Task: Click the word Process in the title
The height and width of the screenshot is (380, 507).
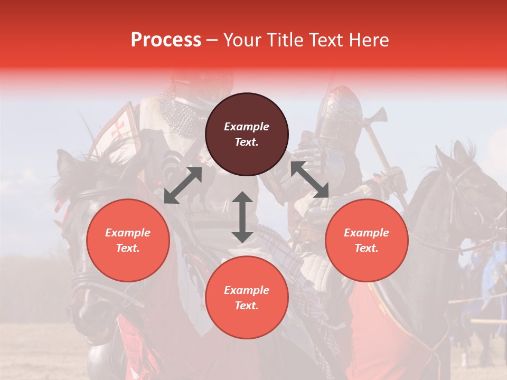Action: click(x=166, y=40)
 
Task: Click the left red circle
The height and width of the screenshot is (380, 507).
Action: click(x=128, y=240)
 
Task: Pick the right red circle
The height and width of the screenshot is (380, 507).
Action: click(x=367, y=240)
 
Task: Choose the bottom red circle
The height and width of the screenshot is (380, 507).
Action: click(x=247, y=297)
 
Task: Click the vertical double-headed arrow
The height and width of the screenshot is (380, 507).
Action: click(x=242, y=217)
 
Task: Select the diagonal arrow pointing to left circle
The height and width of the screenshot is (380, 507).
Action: click(x=183, y=185)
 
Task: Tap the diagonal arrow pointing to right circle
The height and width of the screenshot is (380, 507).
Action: click(x=310, y=179)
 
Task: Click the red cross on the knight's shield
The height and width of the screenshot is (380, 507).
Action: click(x=119, y=128)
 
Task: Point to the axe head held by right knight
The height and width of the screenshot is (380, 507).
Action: click(x=379, y=115)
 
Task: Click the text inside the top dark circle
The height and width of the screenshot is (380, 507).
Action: click(x=247, y=134)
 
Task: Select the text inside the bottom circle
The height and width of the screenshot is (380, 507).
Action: click(x=247, y=298)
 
